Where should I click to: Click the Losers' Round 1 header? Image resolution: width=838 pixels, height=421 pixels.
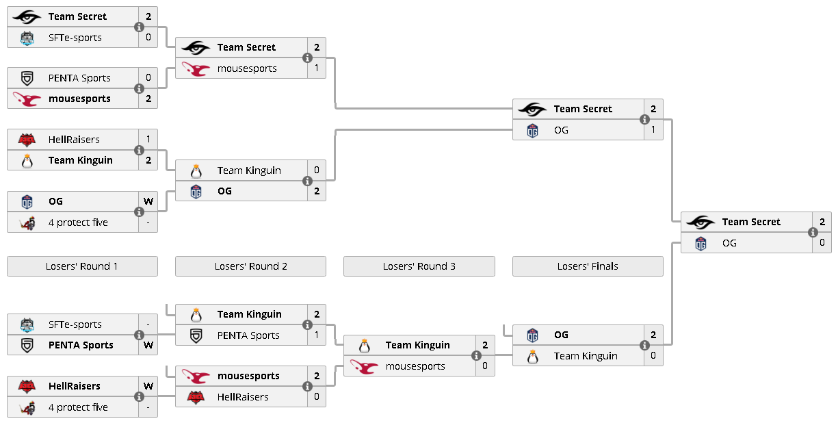[82, 266]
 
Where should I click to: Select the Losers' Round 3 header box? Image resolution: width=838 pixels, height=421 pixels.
[419, 266]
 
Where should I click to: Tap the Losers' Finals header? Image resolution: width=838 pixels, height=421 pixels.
[588, 266]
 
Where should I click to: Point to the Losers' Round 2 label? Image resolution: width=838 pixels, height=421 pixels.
[250, 266]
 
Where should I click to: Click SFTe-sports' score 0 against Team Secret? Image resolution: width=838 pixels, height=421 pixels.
[148, 38]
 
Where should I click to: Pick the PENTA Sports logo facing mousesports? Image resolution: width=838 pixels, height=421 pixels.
[27, 78]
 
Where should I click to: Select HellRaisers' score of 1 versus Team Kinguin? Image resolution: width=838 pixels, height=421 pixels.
[148, 139]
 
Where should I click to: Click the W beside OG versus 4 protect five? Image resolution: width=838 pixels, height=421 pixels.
[148, 201]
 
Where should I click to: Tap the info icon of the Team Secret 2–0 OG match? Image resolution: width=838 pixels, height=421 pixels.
[813, 232]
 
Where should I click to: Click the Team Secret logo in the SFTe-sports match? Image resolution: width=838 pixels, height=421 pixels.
[26, 17]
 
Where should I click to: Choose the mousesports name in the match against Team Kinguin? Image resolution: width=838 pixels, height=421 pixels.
[415, 366]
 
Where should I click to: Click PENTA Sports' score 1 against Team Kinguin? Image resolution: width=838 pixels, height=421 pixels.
[317, 335]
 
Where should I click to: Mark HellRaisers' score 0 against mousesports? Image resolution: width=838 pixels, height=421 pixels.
[317, 396]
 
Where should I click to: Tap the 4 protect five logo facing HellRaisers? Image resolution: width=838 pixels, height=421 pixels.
[27, 407]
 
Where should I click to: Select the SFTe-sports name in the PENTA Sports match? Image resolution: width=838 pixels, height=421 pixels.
[75, 324]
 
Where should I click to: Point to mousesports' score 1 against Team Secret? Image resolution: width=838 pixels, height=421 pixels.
[317, 68]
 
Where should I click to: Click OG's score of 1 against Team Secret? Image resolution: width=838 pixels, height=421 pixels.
[653, 130]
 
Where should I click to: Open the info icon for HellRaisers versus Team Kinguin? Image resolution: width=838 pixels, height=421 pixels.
[139, 150]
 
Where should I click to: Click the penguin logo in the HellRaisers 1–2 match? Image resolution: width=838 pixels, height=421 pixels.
[27, 161]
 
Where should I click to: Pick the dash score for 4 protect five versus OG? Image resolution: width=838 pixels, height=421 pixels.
[148, 222]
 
